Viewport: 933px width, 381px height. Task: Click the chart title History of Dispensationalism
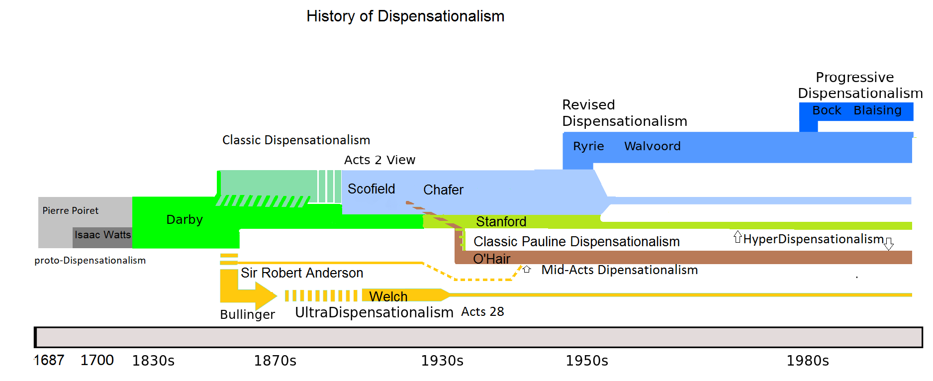click(x=405, y=16)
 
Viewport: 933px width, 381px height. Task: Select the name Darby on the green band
click(x=185, y=219)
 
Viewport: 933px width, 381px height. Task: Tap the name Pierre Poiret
click(x=70, y=210)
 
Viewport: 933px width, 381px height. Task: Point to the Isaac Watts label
click(x=102, y=235)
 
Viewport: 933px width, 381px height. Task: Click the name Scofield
click(x=371, y=189)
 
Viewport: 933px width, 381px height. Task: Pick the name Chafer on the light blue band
click(x=443, y=190)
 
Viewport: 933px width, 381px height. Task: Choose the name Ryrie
click(x=588, y=146)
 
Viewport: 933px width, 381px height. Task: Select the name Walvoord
click(x=652, y=146)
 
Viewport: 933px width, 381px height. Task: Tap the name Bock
click(x=827, y=110)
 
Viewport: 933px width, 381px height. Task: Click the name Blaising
click(x=877, y=110)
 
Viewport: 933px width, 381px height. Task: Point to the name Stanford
click(x=501, y=221)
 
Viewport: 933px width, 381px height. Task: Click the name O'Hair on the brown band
click(x=491, y=259)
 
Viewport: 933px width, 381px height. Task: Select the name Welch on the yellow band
click(x=388, y=296)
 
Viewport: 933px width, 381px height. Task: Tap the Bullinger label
click(x=247, y=314)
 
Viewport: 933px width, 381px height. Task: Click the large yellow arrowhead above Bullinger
click(x=265, y=295)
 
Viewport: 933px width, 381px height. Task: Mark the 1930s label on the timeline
click(x=442, y=361)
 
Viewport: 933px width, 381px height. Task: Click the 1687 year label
click(x=49, y=360)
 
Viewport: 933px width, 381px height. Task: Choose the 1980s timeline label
click(x=808, y=361)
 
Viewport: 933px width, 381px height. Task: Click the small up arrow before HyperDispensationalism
click(x=738, y=237)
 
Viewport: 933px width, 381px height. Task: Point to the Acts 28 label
click(x=482, y=312)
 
